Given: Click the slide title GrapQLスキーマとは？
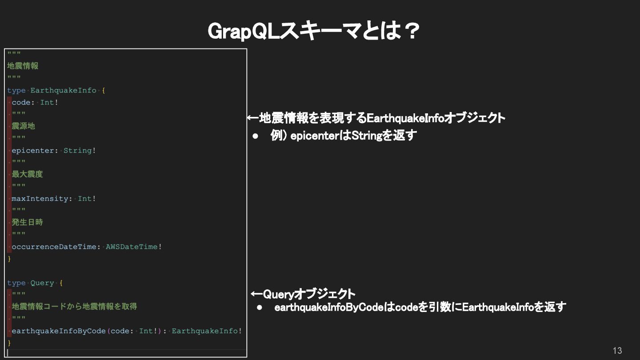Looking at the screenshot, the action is pos(314,31).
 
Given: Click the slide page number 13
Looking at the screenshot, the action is pos(617,350).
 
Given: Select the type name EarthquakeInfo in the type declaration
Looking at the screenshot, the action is pos(63,90).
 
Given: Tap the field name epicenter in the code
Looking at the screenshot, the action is pos(32,150).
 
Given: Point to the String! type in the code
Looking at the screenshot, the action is pos(80,150).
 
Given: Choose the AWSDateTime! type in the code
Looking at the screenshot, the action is pos(134,247).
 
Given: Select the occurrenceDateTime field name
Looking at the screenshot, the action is pos(54,247).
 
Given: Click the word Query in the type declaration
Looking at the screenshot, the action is pos(42,283).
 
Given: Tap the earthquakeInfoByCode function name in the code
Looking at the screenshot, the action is pos(59,331).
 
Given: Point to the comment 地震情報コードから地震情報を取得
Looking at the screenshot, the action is pos(74,307).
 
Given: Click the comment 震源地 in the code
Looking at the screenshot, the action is pos(23,126).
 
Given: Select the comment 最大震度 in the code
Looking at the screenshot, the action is pos(27,174).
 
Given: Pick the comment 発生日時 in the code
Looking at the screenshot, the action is pos(27,222).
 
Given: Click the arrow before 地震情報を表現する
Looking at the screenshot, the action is pos(252,118).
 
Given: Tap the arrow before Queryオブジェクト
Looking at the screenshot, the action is pos(257,294).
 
